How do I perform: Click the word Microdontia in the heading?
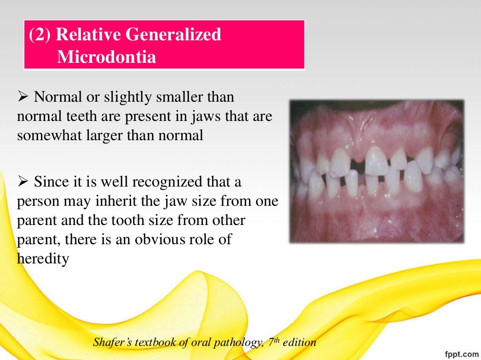point(106,57)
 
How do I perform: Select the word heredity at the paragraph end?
point(43,259)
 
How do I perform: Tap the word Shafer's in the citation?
point(113,343)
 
